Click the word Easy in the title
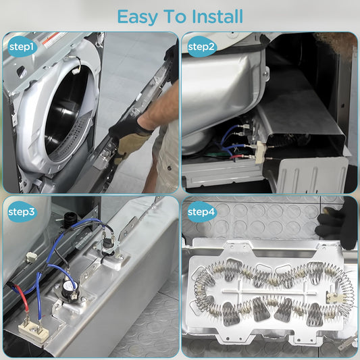pyautogui.click(x=137, y=17)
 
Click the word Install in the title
pyautogui.click(x=217, y=16)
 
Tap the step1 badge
pyautogui.click(x=22, y=47)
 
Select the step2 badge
pyautogui.click(x=201, y=47)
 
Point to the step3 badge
pyautogui.click(x=22, y=211)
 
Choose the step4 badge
pyautogui.click(x=201, y=211)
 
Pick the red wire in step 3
pyautogui.click(x=21, y=297)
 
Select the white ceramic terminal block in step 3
pyautogui.click(x=33, y=331)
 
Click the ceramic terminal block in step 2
pyautogui.click(x=260, y=152)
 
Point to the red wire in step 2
pyautogui.click(x=238, y=157)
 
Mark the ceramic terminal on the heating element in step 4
pyautogui.click(x=335, y=298)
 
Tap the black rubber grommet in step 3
pyautogui.click(x=68, y=220)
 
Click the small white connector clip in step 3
pyautogui.click(x=31, y=257)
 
